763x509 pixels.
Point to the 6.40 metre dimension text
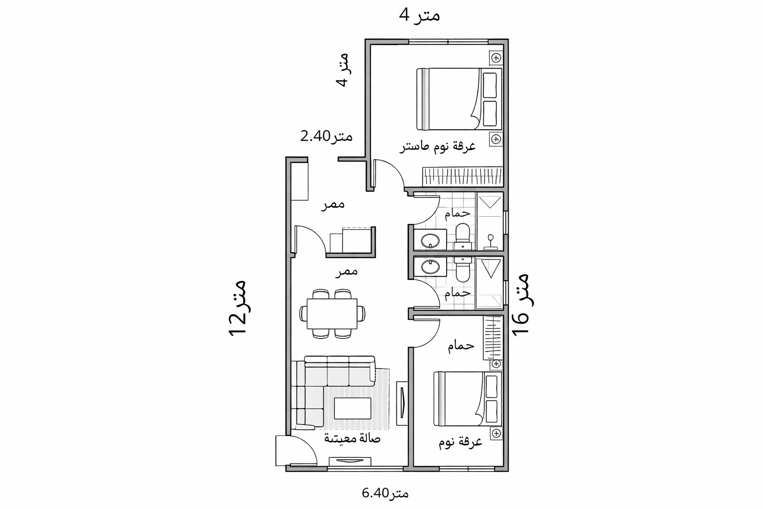tap(385, 493)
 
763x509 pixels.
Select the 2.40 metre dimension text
tap(326, 136)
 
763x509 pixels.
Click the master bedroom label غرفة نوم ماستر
tap(438, 146)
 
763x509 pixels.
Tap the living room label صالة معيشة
tap(352, 438)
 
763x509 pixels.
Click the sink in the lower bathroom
tap(430, 267)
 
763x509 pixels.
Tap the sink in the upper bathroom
tap(430, 241)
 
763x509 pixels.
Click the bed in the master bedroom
tap(458, 98)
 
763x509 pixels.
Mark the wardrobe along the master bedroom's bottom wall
tap(462, 177)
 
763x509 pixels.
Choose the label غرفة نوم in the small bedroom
tap(460, 442)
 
